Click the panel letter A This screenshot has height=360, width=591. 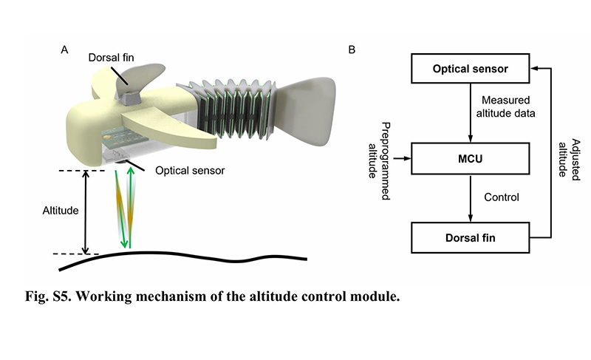tap(65, 50)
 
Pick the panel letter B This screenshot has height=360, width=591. tap(351, 50)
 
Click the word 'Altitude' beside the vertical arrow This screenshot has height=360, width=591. tap(60, 209)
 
